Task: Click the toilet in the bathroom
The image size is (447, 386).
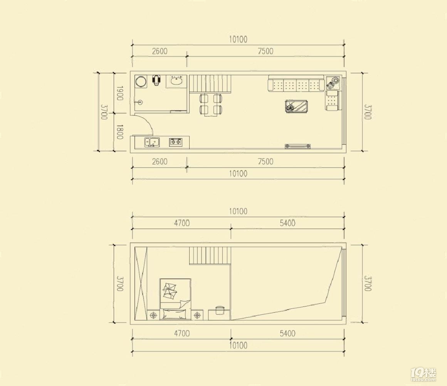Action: coord(156,80)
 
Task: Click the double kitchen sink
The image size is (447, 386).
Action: coord(152,142)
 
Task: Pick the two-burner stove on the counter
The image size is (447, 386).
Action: coord(176,142)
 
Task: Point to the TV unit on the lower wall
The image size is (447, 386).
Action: coord(297,146)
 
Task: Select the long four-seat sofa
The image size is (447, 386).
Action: coord(296,84)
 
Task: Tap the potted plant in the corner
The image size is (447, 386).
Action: coord(333,82)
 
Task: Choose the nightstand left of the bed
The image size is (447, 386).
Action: coord(154,315)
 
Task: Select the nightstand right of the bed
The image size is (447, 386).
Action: coord(197,315)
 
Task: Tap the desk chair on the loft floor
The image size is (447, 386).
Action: coord(220,310)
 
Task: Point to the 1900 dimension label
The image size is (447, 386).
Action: coord(119,93)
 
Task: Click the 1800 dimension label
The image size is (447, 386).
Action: coord(119,132)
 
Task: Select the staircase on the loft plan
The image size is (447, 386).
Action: coord(210,256)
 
